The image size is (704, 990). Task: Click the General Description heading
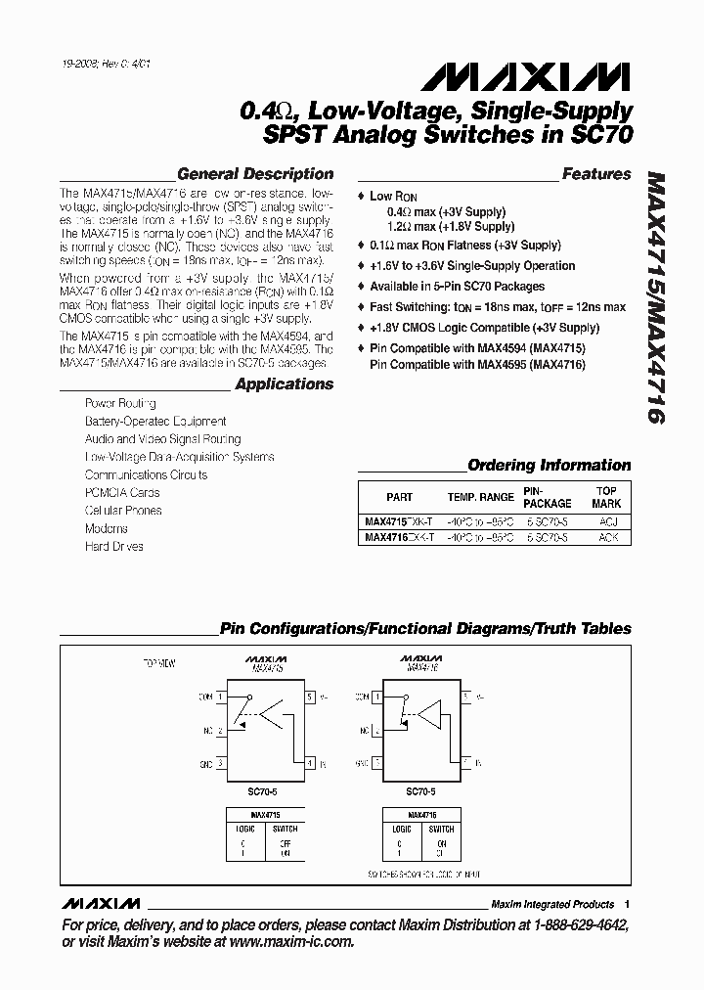click(x=255, y=174)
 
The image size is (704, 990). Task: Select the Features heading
click(x=596, y=174)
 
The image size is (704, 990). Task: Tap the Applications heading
click(x=284, y=384)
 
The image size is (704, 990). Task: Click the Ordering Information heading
click(x=549, y=466)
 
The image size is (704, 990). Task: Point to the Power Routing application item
click(x=120, y=403)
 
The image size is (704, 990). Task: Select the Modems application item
click(x=107, y=528)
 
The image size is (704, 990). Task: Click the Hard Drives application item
click(x=114, y=546)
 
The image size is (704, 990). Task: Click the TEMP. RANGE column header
click(x=480, y=497)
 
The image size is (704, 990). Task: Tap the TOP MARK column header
click(x=606, y=497)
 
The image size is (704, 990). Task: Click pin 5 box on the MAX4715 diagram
click(x=310, y=697)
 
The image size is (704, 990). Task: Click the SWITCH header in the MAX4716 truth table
click(x=440, y=828)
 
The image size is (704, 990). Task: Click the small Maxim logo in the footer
click(x=101, y=903)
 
